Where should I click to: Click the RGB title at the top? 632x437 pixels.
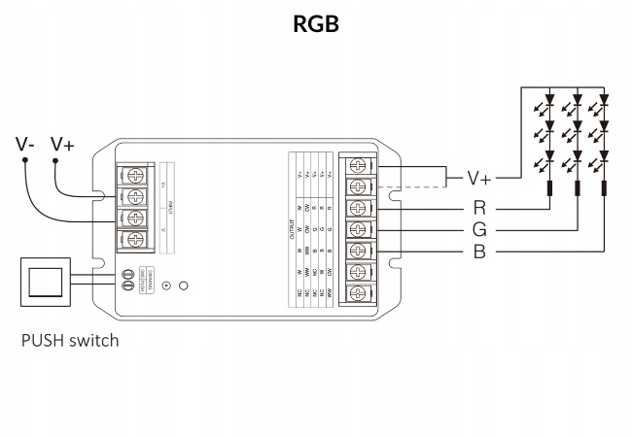coord(316,24)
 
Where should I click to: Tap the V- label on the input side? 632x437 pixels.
coord(26,145)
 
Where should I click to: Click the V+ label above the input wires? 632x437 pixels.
coord(62,145)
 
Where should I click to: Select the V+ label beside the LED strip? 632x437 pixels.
coord(480,179)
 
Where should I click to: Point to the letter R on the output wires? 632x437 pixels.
coord(479,207)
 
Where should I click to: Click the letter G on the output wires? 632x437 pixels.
coord(479,230)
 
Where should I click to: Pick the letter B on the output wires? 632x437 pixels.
coord(479,252)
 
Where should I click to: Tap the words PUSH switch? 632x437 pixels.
coord(72,341)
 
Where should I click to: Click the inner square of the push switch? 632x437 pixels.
coord(46,283)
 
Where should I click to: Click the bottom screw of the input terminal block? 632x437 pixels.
coord(136,239)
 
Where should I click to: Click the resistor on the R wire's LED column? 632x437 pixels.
coord(548,186)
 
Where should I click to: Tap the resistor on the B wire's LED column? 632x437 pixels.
coord(605,186)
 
